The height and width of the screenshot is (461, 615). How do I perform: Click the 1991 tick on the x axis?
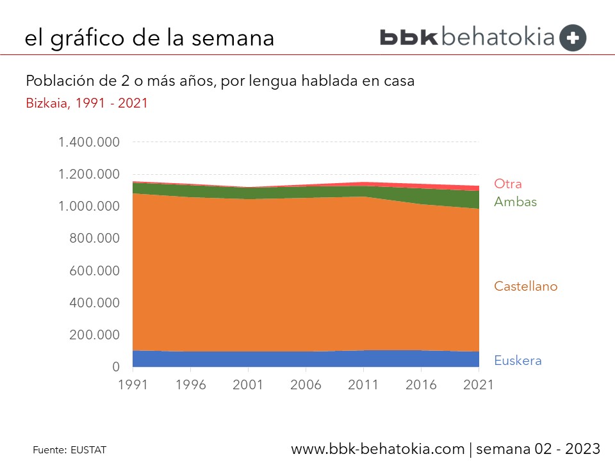(133, 385)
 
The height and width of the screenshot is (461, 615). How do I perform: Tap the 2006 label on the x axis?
(306, 385)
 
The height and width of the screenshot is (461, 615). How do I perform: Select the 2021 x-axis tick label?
(479, 385)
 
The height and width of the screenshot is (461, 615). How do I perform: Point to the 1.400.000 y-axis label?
(89, 142)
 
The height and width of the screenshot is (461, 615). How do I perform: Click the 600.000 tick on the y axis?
(94, 271)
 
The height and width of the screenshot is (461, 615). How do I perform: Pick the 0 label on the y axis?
(116, 368)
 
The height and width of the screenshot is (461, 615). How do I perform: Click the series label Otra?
(509, 184)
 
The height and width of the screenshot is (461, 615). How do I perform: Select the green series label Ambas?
(515, 202)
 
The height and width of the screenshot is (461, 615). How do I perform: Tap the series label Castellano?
(525, 286)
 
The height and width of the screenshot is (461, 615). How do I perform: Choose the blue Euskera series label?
(518, 360)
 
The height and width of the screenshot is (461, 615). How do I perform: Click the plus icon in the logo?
(573, 38)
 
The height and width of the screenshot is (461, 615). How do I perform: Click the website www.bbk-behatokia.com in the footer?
(378, 449)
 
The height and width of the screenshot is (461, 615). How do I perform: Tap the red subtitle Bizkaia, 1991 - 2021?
(86, 102)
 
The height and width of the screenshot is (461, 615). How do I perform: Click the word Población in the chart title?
(56, 81)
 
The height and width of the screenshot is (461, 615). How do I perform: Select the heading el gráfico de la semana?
(149, 38)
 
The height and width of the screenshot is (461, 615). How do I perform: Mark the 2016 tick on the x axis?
(421, 385)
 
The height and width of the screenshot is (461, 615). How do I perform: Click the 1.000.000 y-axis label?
(89, 207)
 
